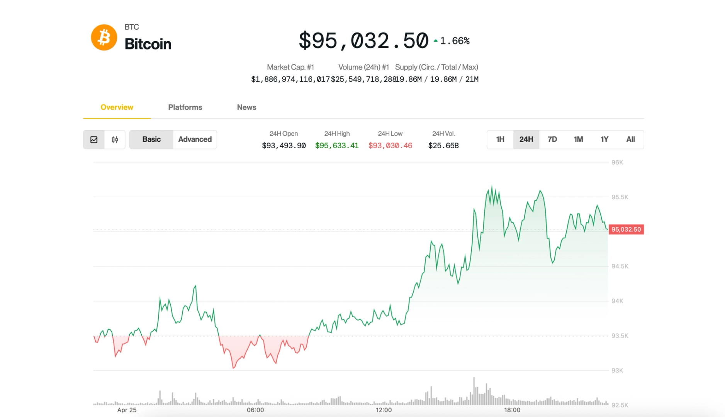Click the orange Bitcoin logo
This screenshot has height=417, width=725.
pyautogui.click(x=104, y=37)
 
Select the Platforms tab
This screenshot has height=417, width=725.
pyautogui.click(x=185, y=107)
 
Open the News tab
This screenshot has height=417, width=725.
pyautogui.click(x=246, y=107)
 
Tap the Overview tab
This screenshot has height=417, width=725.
pyautogui.click(x=117, y=107)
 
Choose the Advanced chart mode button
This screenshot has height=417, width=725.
pyautogui.click(x=195, y=139)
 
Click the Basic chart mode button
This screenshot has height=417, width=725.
pyautogui.click(x=151, y=139)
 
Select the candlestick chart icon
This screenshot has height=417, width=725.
pyautogui.click(x=115, y=140)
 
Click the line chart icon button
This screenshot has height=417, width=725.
pyautogui.click(x=94, y=140)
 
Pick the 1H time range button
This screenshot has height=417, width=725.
pyautogui.click(x=500, y=139)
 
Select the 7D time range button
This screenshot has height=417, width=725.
pyautogui.click(x=552, y=139)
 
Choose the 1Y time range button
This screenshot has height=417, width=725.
pyautogui.click(x=604, y=139)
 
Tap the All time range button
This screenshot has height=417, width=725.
pyautogui.click(x=630, y=139)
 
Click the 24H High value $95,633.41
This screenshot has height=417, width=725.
pyautogui.click(x=337, y=146)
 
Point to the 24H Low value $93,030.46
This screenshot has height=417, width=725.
pyautogui.click(x=390, y=146)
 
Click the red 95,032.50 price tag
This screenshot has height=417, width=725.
pyautogui.click(x=626, y=229)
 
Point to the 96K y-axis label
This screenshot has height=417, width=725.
pyautogui.click(x=617, y=162)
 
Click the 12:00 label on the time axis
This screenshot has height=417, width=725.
pyautogui.click(x=384, y=410)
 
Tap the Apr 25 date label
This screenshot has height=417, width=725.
pyautogui.click(x=127, y=410)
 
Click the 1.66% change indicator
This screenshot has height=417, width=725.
pyautogui.click(x=454, y=41)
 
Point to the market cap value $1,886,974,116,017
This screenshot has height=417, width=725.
pyautogui.click(x=290, y=79)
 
